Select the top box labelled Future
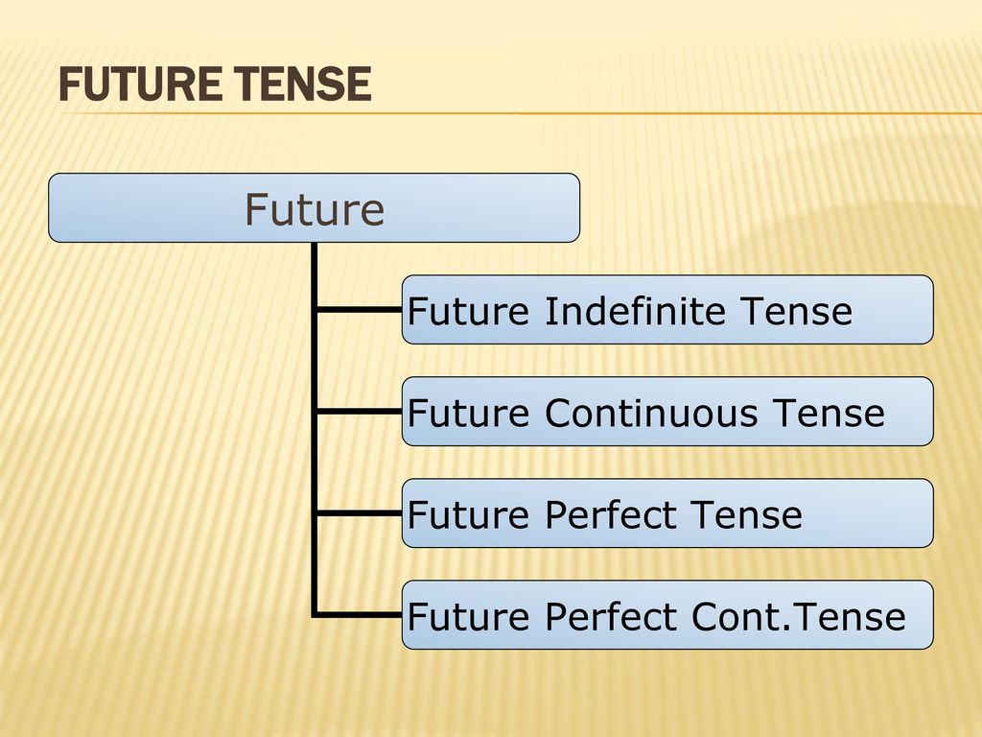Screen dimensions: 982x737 click(x=314, y=207)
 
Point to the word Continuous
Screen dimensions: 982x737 click(x=651, y=413)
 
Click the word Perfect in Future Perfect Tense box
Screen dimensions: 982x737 click(x=612, y=514)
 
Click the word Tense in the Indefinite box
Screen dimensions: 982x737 click(x=796, y=311)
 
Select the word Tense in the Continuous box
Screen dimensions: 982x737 click(x=829, y=413)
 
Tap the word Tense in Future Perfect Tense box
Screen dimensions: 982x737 click(x=746, y=514)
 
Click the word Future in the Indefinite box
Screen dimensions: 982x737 click(x=468, y=311)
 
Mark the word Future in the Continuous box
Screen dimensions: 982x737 click(x=468, y=413)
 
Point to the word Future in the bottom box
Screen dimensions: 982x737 click(x=468, y=616)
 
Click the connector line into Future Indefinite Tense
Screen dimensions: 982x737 click(x=358, y=310)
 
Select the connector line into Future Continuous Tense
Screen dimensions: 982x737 click(x=358, y=411)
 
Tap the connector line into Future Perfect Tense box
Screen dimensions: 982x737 click(x=358, y=513)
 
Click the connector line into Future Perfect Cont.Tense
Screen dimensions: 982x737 click(x=358, y=615)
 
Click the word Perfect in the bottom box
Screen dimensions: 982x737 click(x=612, y=616)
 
